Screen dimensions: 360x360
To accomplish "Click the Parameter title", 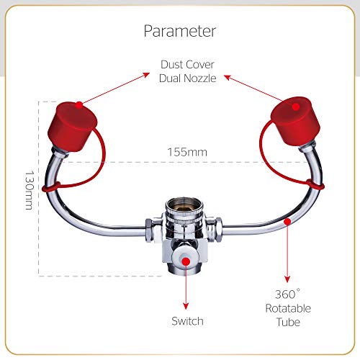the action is [180, 32].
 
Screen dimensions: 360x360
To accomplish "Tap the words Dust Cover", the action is [187, 65].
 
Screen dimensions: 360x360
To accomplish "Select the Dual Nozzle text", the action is [187, 78].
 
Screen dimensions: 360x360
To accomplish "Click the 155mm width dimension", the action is [187, 152].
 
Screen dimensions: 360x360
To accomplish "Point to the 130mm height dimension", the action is [30, 190].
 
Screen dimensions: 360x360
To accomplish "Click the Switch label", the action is [187, 321].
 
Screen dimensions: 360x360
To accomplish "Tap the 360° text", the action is [287, 294].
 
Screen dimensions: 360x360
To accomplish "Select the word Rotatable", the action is [288, 308].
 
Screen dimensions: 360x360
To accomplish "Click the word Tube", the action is [288, 322].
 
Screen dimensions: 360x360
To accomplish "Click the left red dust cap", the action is [72, 127].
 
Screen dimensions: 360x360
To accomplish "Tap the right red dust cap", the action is [296, 122].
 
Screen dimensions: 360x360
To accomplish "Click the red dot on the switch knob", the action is [186, 261].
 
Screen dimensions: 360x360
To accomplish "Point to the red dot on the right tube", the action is [287, 222].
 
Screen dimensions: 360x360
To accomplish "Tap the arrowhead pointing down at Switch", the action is [186, 306].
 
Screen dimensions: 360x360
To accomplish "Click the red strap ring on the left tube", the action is [51, 187].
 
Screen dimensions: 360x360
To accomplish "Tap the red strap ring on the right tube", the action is [315, 184].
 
